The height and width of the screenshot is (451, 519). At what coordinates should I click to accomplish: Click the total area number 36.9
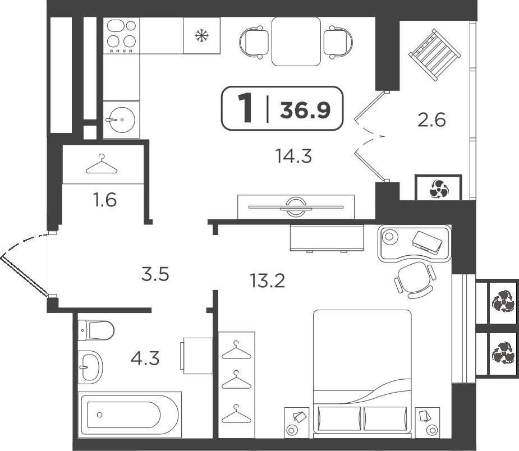305,110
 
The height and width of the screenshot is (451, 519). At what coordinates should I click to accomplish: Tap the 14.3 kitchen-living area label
293,156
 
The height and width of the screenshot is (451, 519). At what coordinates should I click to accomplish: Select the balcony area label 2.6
431,120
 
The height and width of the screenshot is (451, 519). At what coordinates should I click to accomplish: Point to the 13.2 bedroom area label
267,281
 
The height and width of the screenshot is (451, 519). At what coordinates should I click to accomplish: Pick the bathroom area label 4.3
145,358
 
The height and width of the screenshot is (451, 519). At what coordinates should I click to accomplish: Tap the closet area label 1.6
105,200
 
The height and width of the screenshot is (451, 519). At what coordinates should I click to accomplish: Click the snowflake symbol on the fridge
201,35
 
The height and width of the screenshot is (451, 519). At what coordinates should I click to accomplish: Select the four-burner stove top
122,36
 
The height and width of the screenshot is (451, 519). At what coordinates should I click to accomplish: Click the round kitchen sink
122,120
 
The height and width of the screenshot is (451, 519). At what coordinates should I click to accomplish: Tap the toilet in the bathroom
95,330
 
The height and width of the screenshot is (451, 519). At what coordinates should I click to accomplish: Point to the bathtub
130,415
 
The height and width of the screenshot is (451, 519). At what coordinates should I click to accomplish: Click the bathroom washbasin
90,367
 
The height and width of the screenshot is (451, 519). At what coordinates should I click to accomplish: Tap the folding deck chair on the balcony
435,55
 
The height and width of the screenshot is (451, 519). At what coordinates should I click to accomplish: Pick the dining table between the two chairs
296,41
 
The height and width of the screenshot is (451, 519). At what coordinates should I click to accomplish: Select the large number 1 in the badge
245,108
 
